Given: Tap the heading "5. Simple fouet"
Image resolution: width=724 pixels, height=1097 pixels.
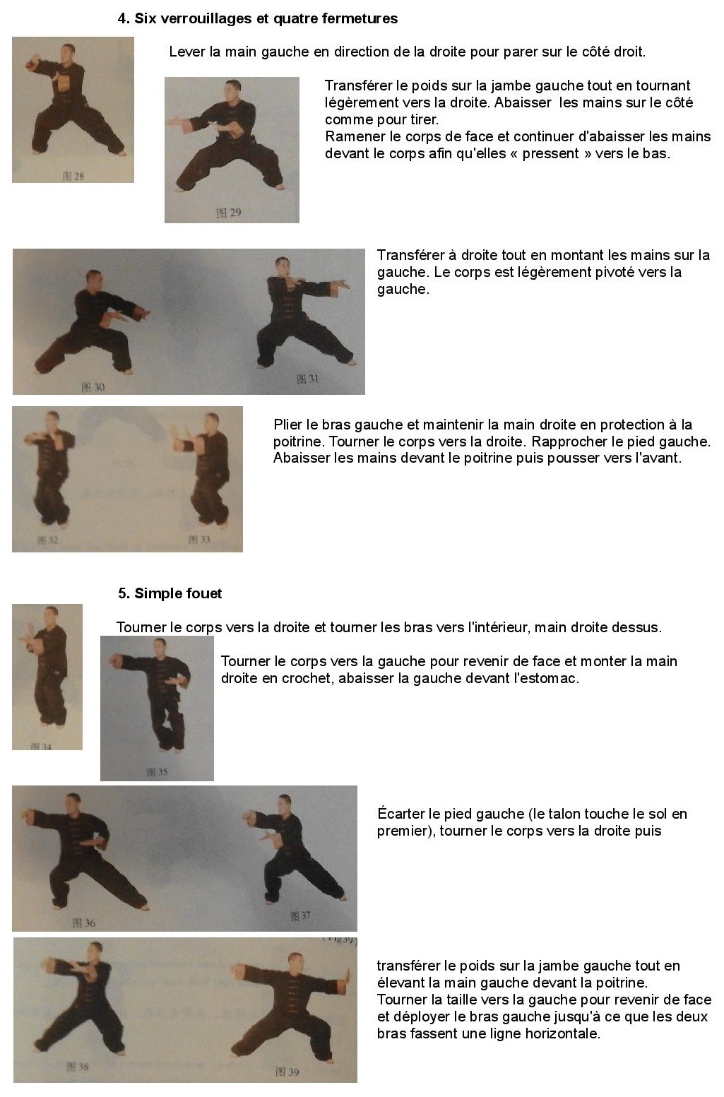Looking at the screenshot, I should coord(170,593).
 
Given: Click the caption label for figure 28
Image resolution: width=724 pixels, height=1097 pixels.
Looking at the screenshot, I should coord(73,176).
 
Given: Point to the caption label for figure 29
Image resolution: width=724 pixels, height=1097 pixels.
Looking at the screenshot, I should coord(228,213).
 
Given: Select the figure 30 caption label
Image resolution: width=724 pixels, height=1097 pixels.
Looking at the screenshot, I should coord(93,387).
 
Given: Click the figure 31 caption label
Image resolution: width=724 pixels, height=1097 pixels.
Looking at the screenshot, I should coord(307,379).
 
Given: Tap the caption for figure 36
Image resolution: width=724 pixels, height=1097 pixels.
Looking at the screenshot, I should coord(84,923).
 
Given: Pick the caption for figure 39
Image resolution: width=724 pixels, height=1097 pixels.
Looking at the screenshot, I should coord(287,1072).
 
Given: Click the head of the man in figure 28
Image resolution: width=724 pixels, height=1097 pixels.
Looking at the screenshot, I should coord(68,52).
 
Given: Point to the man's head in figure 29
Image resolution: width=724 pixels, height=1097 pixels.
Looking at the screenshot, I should coord(234,90).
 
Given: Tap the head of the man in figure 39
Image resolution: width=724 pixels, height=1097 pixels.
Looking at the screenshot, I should coord(295,963).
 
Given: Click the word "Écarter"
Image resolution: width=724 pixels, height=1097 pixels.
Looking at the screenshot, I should coord(400,814).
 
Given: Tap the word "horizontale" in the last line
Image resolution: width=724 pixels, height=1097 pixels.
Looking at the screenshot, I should coord(564,1033).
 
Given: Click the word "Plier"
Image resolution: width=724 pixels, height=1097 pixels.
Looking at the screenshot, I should coord(289,425).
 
